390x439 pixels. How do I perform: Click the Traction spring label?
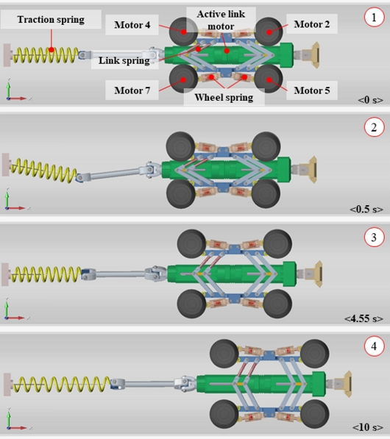click(x=51, y=19)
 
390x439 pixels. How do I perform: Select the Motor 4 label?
click(x=132, y=25)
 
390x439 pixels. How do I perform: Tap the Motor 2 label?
click(x=311, y=24)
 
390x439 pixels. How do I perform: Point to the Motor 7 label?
click(x=132, y=90)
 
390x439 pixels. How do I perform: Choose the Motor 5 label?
click(x=311, y=90)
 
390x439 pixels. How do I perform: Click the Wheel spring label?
click(x=224, y=97)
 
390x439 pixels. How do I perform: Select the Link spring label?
click(x=124, y=60)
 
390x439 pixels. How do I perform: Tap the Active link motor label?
click(x=221, y=20)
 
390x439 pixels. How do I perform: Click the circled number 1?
click(x=374, y=18)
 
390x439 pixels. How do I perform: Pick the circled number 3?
click(x=374, y=238)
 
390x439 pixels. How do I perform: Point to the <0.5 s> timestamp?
click(x=366, y=209)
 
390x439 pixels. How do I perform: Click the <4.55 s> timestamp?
click(x=364, y=318)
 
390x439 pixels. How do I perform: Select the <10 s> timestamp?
click(x=368, y=427)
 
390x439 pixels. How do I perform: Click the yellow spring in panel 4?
click(x=62, y=384)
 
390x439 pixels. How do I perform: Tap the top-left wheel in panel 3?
click(x=191, y=243)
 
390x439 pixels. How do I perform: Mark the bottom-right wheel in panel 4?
click(x=315, y=414)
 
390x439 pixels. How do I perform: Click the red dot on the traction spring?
click(x=52, y=50)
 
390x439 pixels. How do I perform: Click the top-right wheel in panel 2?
click(x=266, y=146)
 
